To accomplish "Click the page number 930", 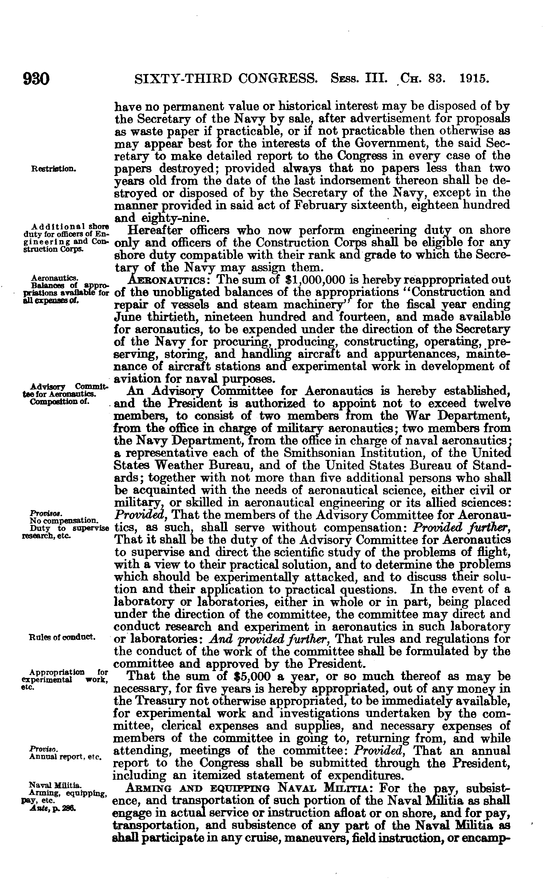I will tap(36, 79).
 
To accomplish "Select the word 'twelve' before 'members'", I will tap(491, 403).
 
